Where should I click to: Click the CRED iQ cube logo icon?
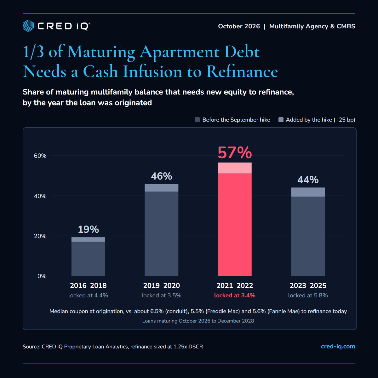[x=28, y=26]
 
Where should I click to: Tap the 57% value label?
[x=235, y=152]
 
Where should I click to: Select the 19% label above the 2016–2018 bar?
[x=88, y=229]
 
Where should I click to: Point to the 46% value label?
[x=162, y=176]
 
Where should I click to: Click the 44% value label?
[x=308, y=180]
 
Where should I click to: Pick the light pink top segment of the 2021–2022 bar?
[x=235, y=168]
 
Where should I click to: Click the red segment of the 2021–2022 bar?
[x=235, y=225]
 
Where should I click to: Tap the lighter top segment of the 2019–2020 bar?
[x=162, y=188]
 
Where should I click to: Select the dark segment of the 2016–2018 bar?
[x=88, y=259]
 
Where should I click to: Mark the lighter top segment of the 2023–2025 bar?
[x=308, y=192]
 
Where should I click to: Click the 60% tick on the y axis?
[x=40, y=156]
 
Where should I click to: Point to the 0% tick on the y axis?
[x=42, y=276]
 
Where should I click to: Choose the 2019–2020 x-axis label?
[x=162, y=285]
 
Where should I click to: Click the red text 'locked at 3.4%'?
[x=235, y=295]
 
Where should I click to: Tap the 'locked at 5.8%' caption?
[x=308, y=295]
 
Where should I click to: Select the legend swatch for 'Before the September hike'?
[x=197, y=120]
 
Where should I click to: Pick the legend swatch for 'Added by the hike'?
[x=281, y=120]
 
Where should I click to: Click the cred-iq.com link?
[x=338, y=346]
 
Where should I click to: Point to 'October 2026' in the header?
[x=239, y=26]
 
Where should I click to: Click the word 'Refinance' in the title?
[x=242, y=71]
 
